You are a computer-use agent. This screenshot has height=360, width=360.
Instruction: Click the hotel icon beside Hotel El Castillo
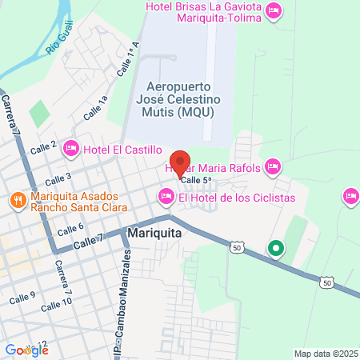coord(70,148)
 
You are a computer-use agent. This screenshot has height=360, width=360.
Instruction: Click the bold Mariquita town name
coord(154,234)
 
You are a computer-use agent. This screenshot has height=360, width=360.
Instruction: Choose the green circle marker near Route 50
coord(276,248)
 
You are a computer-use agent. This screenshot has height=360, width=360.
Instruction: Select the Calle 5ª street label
coord(195,181)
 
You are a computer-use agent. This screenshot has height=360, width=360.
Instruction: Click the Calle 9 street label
coord(22,298)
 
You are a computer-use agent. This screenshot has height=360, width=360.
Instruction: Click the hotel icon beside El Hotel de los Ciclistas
coord(166,196)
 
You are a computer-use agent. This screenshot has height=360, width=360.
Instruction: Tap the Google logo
coord(26,349)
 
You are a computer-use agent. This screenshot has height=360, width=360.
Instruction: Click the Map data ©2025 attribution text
coord(325,354)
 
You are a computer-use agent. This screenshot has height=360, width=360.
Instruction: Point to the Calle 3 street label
coord(58,178)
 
